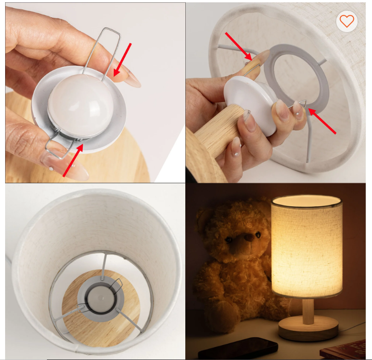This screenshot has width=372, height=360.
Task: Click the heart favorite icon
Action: point(346,21)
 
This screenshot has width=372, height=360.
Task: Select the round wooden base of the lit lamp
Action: point(308,329)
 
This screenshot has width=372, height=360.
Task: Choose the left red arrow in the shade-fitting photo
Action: point(238,46)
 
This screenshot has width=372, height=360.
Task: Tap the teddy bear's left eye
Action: point(228,240)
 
